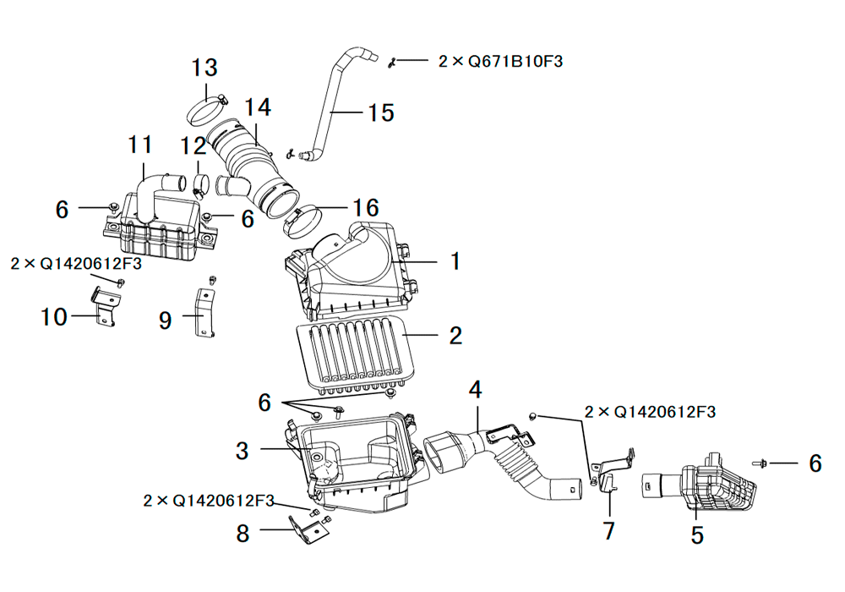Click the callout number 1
click(x=455, y=261)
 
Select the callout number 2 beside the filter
click(x=455, y=336)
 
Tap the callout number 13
click(x=204, y=68)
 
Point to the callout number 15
click(x=382, y=112)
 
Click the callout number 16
click(x=366, y=207)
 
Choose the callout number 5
click(x=697, y=534)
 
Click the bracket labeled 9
click(x=204, y=313)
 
